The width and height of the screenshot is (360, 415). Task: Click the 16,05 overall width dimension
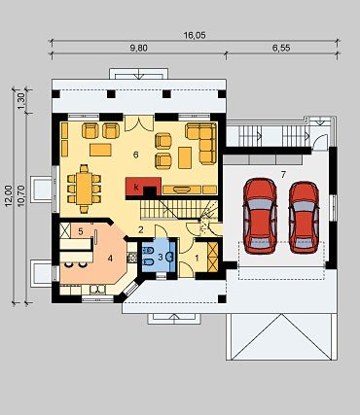point(195,35)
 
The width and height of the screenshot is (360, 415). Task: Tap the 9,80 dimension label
point(138,49)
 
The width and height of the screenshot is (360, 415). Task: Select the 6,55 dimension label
point(281,49)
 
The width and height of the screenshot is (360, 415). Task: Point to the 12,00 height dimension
point(9,195)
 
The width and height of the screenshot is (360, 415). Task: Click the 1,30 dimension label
point(21,101)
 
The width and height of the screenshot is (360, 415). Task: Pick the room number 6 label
point(135,155)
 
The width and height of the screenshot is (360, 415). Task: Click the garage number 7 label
point(283,175)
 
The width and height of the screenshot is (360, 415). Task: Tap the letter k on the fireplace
point(136,187)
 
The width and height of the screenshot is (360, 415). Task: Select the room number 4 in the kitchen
point(110,259)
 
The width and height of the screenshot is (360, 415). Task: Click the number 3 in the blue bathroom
point(160,258)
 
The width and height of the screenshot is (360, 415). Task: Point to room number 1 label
point(197,259)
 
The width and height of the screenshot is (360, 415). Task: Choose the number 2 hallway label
point(140,230)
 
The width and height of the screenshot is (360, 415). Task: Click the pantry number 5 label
point(81,231)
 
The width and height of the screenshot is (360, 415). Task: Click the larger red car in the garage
point(260,216)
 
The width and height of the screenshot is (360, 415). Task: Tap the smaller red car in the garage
point(304,218)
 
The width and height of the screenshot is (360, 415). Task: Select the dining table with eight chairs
point(85,189)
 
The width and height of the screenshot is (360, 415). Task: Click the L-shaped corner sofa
point(201,143)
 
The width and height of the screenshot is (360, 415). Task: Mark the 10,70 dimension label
point(21,195)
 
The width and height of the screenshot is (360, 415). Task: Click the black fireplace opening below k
point(150,191)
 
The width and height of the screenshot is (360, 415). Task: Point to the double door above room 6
point(139,123)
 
